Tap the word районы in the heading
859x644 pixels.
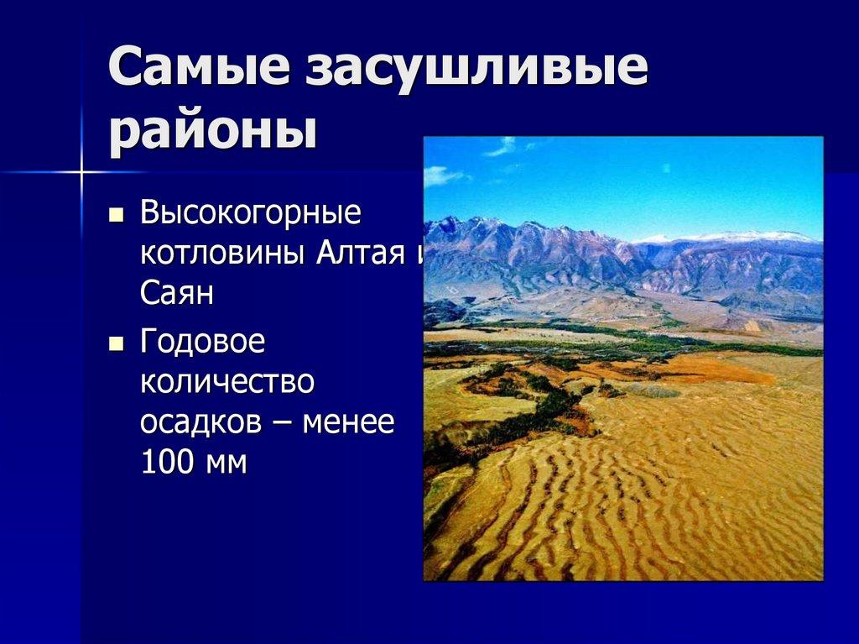click(x=213, y=132)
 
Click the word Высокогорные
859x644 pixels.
click(x=250, y=213)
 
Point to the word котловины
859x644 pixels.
click(x=221, y=253)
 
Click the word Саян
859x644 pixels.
click(x=177, y=293)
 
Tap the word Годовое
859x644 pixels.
click(x=202, y=342)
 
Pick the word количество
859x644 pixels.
click(x=227, y=382)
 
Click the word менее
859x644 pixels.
click(x=347, y=422)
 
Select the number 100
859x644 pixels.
click(x=167, y=463)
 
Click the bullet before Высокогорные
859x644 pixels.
click(x=117, y=216)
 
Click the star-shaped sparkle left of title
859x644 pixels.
click(x=81, y=172)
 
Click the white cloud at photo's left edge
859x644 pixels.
click(x=440, y=175)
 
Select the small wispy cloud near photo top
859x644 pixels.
click(x=502, y=147)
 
